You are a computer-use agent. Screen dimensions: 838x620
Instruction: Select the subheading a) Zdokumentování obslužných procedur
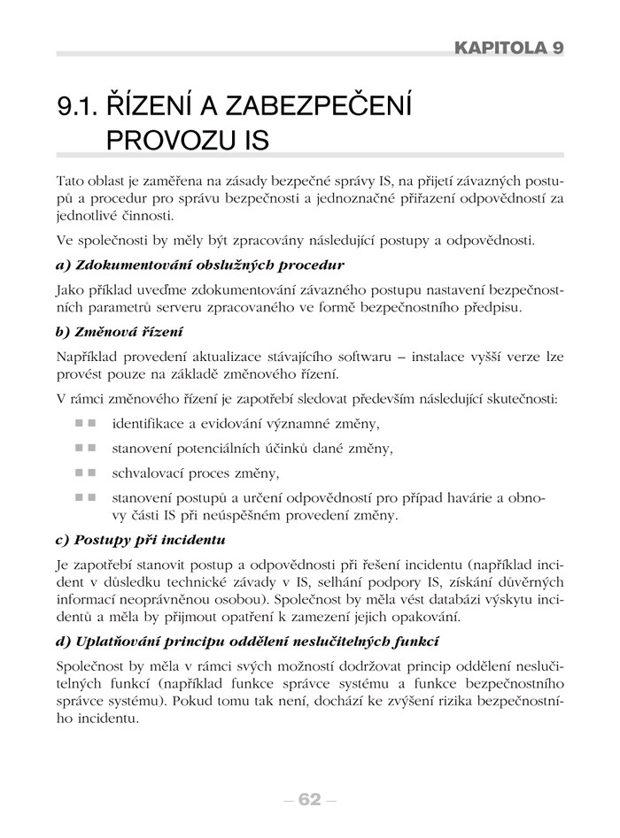coord(199,265)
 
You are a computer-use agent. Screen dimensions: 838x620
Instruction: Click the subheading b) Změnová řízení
coord(119,332)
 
